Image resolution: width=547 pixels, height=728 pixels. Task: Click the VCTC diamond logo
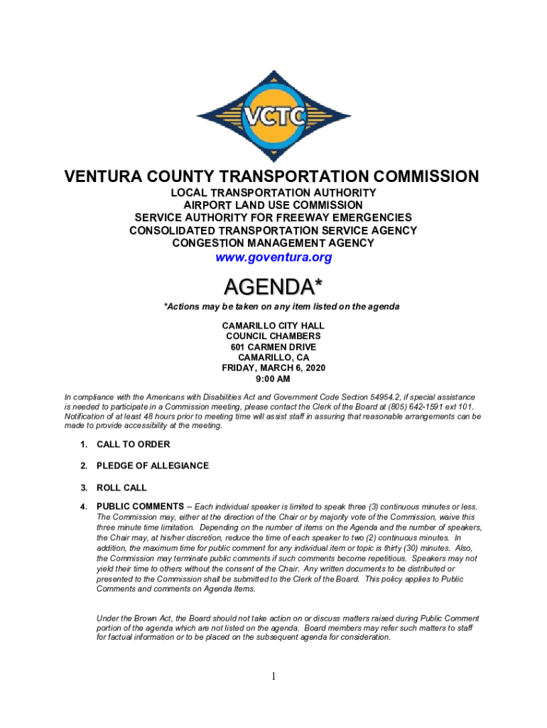[x=273, y=116]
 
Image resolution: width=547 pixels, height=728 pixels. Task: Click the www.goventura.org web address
[x=273, y=257]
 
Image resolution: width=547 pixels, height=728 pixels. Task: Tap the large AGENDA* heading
[x=273, y=287]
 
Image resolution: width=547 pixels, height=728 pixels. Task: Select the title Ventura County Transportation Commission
[x=273, y=176]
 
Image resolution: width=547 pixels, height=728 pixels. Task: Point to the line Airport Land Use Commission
[x=273, y=205]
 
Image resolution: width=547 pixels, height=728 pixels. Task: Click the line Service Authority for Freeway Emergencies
[x=273, y=218]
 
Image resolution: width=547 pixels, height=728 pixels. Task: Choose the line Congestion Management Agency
[x=273, y=243]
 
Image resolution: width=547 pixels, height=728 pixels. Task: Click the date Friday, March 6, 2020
[x=273, y=368]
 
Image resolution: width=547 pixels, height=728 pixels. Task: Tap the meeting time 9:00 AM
[x=273, y=380]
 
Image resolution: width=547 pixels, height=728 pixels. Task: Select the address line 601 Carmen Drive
[x=273, y=346]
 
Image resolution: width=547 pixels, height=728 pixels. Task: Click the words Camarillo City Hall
[x=273, y=325]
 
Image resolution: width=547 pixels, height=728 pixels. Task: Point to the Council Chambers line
[x=273, y=336]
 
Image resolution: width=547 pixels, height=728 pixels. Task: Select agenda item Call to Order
[x=133, y=444]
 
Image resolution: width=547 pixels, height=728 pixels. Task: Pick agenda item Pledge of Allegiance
[x=152, y=466]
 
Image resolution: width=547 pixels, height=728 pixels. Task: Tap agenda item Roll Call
[x=121, y=488]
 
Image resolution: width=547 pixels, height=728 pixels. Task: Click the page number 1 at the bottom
[x=273, y=676]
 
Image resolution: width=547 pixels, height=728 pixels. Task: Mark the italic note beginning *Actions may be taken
[x=282, y=306]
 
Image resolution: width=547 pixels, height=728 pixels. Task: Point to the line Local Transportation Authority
[x=273, y=193]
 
